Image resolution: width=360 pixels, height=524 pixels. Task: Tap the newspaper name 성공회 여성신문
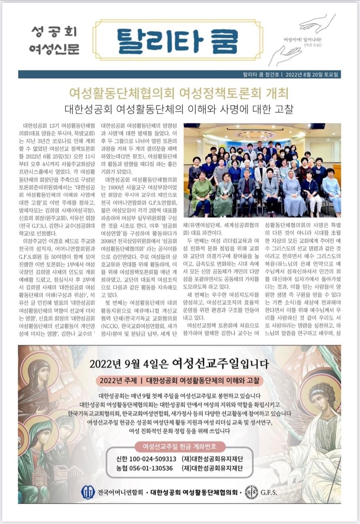point(54,41)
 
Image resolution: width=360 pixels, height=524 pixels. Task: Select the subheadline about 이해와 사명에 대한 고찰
point(179,110)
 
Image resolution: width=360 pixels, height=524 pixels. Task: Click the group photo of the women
point(262,170)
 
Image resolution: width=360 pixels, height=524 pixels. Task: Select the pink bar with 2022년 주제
point(179,381)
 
